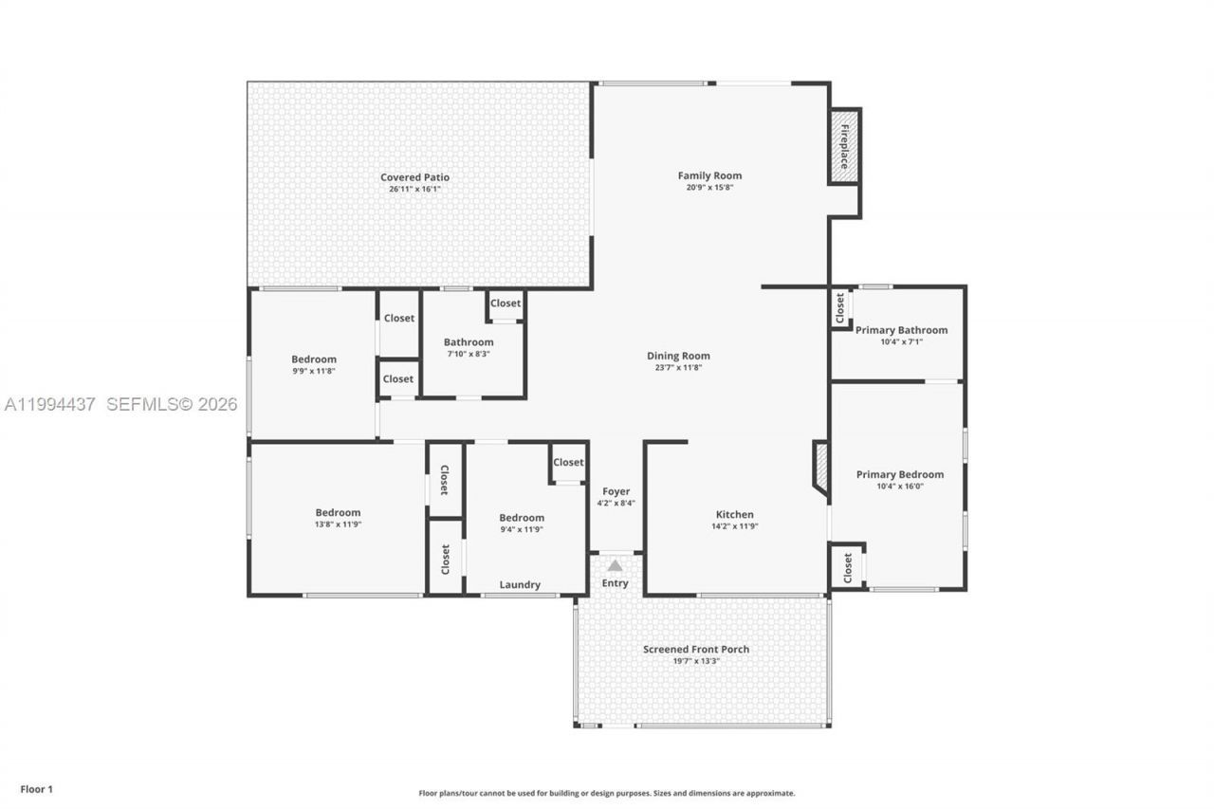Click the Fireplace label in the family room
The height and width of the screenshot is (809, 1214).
coord(844,146)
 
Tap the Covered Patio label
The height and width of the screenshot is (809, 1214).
coord(414,177)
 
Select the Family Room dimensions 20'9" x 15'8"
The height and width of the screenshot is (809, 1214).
coord(709,188)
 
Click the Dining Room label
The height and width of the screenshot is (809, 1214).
coord(678,356)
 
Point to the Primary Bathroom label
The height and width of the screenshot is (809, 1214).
coord(901,330)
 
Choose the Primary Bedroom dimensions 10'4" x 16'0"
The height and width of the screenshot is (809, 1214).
coord(899,487)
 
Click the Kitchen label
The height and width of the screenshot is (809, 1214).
coord(735,514)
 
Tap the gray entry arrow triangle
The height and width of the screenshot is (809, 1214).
coord(615,565)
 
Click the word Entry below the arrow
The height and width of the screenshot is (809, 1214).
coord(615,583)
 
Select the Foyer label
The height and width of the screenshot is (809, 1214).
coord(616,491)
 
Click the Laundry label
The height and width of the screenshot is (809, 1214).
coord(520,585)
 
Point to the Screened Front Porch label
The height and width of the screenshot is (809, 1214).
coord(696,649)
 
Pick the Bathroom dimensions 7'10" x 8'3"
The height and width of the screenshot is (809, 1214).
coord(469,354)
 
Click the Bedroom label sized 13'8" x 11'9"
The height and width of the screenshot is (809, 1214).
coord(338,512)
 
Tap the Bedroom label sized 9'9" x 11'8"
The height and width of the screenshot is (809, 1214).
coord(314,359)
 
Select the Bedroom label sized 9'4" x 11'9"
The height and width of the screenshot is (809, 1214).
coord(522,517)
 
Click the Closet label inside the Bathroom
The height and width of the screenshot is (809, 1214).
coord(506,303)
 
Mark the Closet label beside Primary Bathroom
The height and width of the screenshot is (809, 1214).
coord(840,307)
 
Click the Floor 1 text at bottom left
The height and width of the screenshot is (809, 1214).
coord(37,789)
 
